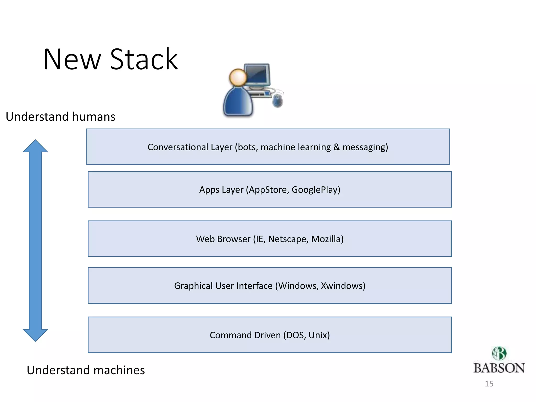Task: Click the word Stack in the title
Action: [x=144, y=59]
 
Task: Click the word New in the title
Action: [x=72, y=59]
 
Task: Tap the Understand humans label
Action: [x=60, y=117]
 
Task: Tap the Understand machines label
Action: [x=86, y=370]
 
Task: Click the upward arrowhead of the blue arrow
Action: [x=35, y=147]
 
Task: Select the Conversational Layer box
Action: [x=268, y=157]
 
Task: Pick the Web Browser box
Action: [x=270, y=249]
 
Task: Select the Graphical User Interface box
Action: [x=270, y=295]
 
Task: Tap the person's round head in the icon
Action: [x=238, y=77]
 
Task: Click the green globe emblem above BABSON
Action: [x=499, y=353]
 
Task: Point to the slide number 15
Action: [x=489, y=384]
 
